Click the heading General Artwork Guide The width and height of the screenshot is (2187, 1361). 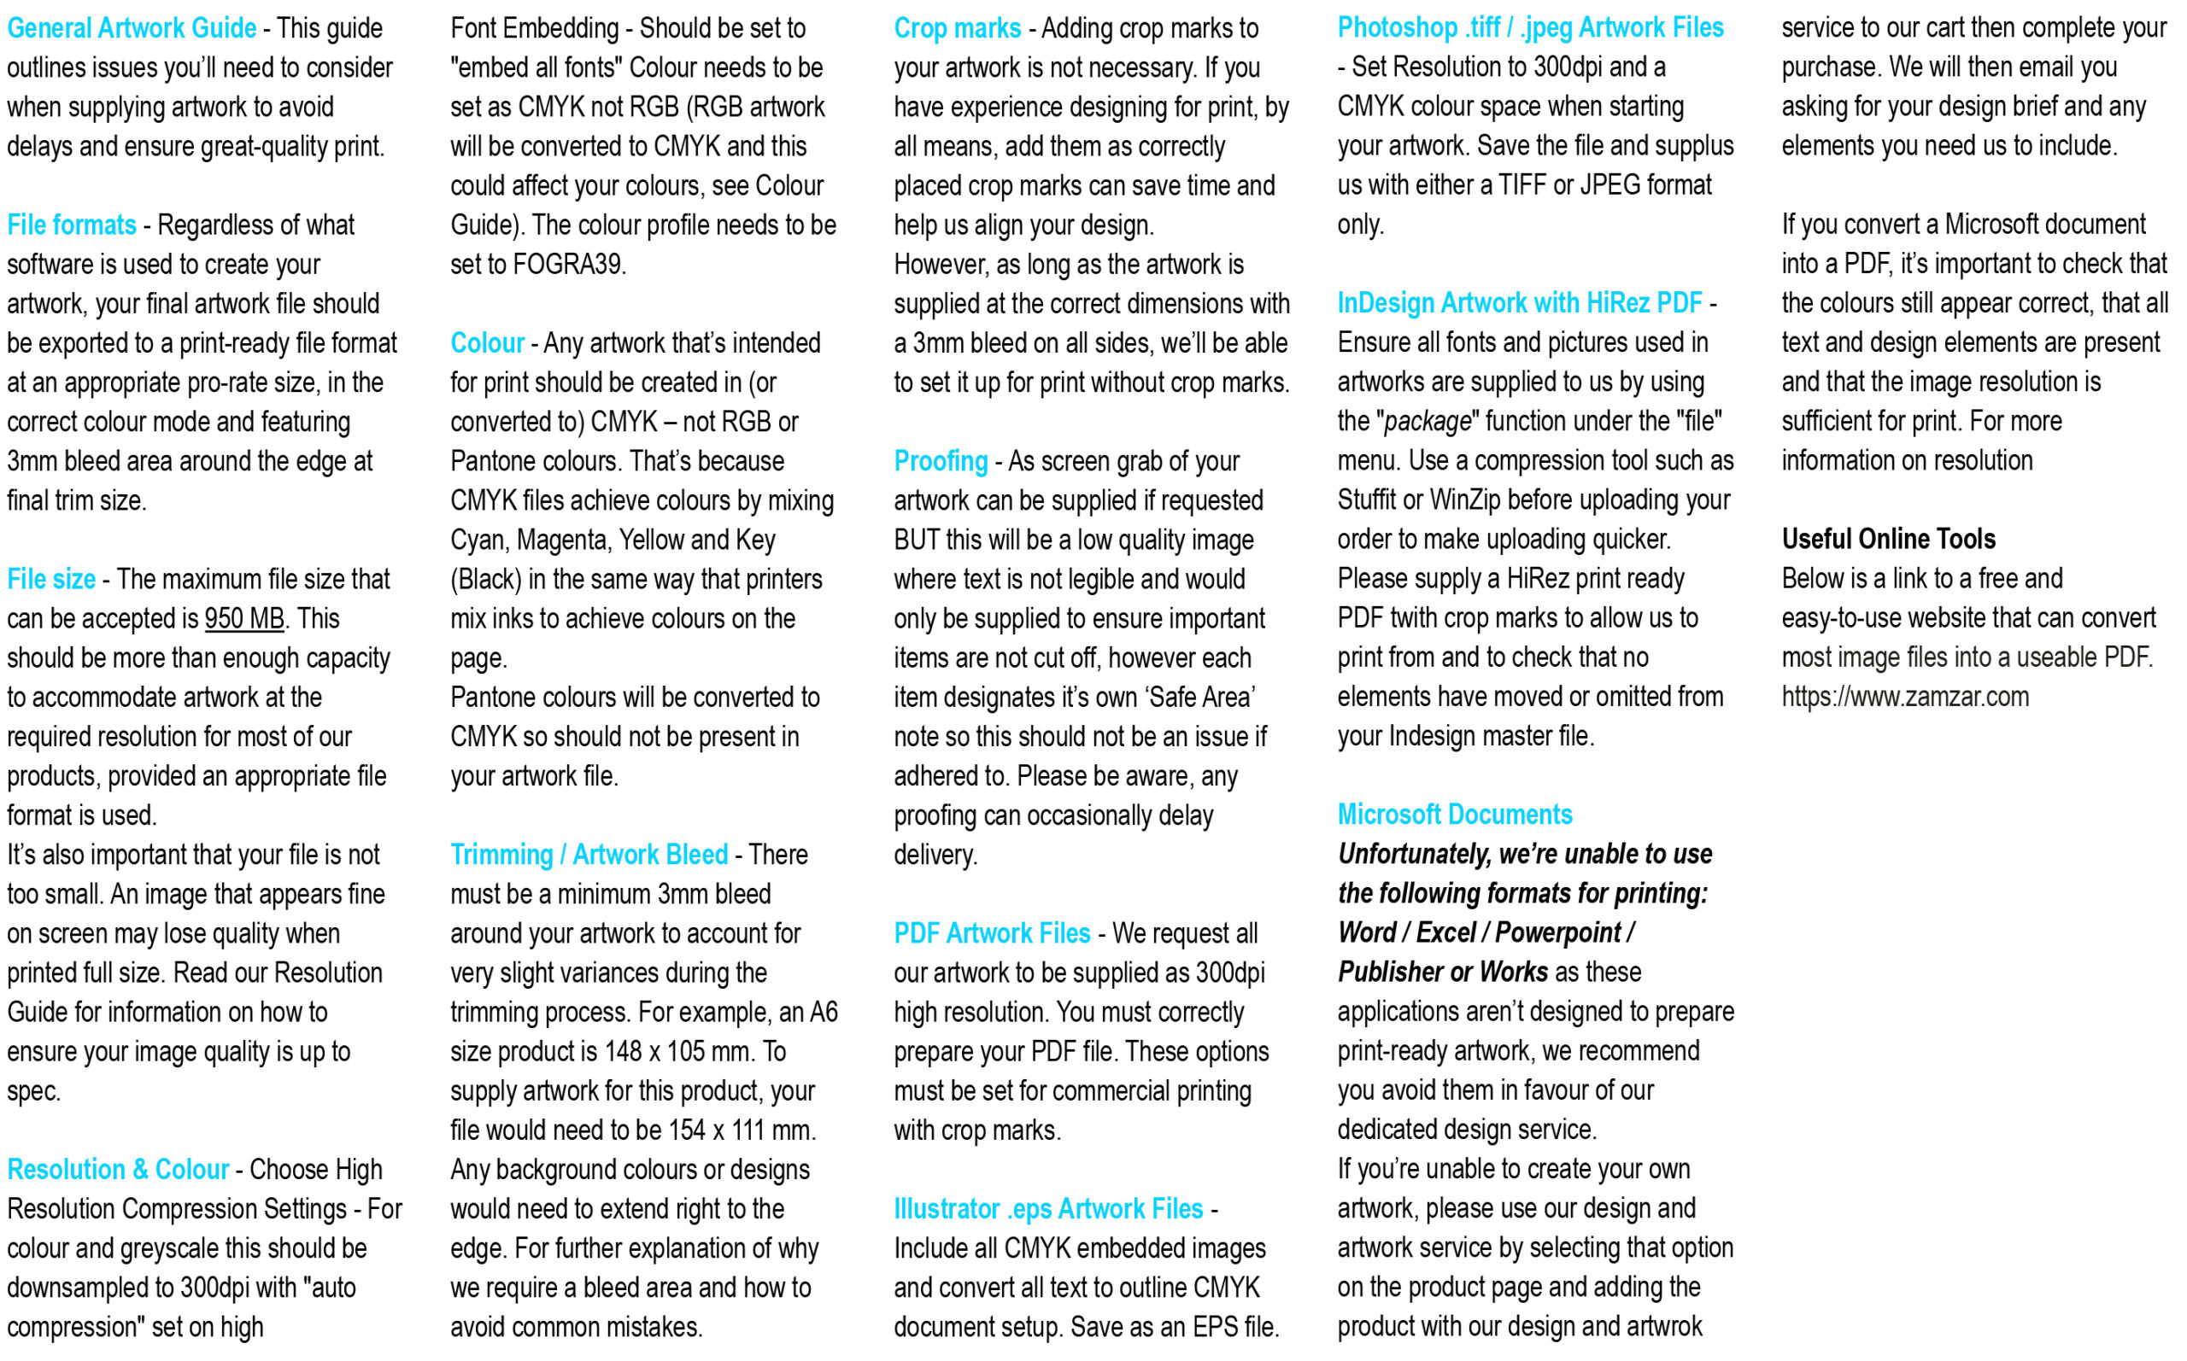click(132, 28)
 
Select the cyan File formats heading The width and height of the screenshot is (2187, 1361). click(72, 225)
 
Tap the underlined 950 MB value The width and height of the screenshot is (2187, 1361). click(244, 618)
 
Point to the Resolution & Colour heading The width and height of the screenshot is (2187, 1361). click(118, 1169)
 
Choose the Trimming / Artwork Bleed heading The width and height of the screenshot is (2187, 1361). click(589, 854)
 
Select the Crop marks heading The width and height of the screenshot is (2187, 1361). click(957, 28)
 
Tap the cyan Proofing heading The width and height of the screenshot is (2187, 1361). click(940, 461)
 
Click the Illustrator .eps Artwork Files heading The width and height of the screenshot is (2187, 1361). click(1048, 1209)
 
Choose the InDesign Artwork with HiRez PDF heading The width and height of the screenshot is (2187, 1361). click(1519, 303)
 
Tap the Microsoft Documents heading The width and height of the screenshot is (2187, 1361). click(1454, 815)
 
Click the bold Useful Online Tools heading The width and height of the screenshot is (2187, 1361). click(1888, 539)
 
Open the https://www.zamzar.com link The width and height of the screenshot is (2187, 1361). click(1904, 697)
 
